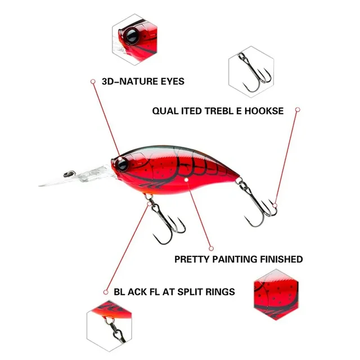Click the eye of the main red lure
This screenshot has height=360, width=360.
[121, 164]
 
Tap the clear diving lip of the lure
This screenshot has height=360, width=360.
[78, 177]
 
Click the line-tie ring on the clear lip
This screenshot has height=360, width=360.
[69, 174]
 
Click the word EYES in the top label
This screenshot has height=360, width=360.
[173, 82]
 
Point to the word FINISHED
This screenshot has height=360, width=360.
[281, 259]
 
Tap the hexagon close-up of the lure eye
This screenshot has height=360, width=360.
[135, 39]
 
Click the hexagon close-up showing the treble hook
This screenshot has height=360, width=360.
[251, 71]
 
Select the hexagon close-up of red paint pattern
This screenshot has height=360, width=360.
[276, 295]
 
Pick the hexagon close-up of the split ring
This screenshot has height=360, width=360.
[109, 326]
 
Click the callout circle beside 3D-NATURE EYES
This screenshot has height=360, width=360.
[93, 82]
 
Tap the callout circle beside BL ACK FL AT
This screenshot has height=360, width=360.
[106, 292]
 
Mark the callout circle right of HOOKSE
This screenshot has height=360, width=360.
[298, 110]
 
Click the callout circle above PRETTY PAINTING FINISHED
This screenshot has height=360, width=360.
[211, 249]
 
